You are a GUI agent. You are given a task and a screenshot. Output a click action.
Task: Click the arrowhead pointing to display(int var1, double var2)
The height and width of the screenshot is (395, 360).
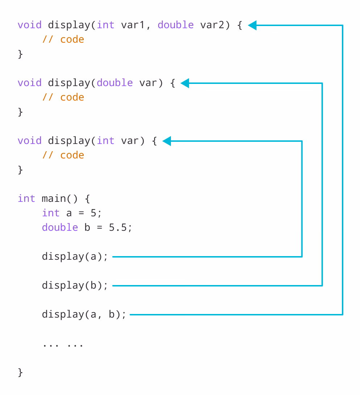(x=252, y=25)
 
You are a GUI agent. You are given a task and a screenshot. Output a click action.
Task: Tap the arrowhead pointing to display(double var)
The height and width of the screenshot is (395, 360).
(x=185, y=83)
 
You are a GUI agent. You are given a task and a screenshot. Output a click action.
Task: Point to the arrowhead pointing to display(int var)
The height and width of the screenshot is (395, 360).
(x=167, y=141)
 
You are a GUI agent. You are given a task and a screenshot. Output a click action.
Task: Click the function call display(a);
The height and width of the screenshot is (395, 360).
(x=75, y=256)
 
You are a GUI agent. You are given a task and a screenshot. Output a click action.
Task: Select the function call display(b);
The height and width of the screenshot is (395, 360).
(x=75, y=285)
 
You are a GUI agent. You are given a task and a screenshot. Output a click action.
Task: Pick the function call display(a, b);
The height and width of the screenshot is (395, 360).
(x=84, y=314)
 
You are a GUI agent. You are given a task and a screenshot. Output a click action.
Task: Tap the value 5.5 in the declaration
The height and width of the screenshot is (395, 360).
(x=118, y=228)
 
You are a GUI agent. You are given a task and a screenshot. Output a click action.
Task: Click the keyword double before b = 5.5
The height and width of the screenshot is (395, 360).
(x=60, y=228)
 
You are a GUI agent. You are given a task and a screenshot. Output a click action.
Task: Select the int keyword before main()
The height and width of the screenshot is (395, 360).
(x=26, y=199)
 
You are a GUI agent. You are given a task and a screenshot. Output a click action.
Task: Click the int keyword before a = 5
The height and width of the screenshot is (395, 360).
(x=51, y=213)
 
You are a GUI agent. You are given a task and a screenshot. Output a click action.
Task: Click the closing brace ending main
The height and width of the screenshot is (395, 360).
(x=20, y=372)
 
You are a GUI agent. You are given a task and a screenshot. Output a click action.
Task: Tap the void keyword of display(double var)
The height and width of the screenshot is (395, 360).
(x=29, y=83)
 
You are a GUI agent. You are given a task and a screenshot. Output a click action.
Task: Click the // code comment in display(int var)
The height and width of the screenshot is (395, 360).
(x=63, y=155)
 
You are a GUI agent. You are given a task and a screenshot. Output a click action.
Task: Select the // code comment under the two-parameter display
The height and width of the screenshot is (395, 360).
(x=63, y=39)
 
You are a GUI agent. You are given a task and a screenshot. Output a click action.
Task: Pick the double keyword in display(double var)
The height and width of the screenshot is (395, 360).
(x=115, y=83)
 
